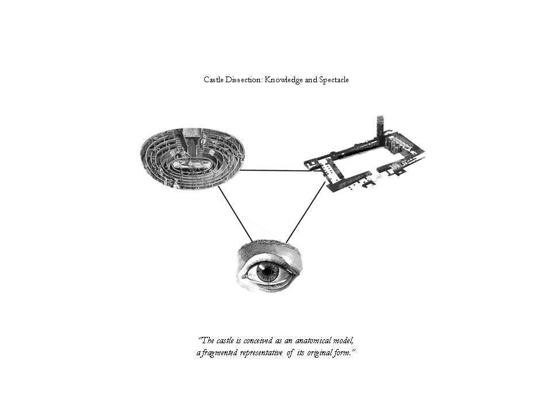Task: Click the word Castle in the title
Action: pos(213,79)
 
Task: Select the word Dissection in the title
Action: pos(244,79)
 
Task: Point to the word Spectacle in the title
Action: pos(333,80)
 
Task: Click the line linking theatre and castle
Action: pos(281,171)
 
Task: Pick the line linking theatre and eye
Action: pos(235,214)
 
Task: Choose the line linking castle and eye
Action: pos(305,212)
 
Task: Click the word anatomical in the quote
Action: pos(313,341)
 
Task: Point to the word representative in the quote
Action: pos(261,352)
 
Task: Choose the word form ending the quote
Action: pos(343,352)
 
